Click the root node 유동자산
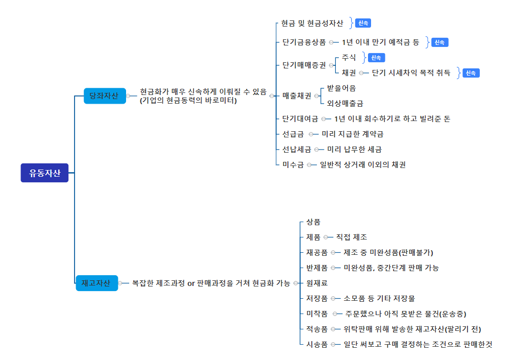[x=44, y=173]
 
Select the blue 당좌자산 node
[x=104, y=95]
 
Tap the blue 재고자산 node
[x=96, y=283]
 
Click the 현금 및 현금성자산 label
[x=312, y=23]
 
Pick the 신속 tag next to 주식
[x=376, y=58]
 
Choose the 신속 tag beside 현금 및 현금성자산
[x=363, y=23]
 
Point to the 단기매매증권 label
[x=304, y=65]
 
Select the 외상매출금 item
[x=345, y=103]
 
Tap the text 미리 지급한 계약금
[x=352, y=134]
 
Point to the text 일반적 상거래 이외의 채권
[x=362, y=164]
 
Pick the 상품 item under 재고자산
[x=313, y=222]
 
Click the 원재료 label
[x=316, y=283]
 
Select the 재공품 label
[x=316, y=252]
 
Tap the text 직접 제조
[x=351, y=237]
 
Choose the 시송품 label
[x=316, y=344]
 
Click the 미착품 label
[x=316, y=314]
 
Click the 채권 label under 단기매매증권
[x=349, y=73]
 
